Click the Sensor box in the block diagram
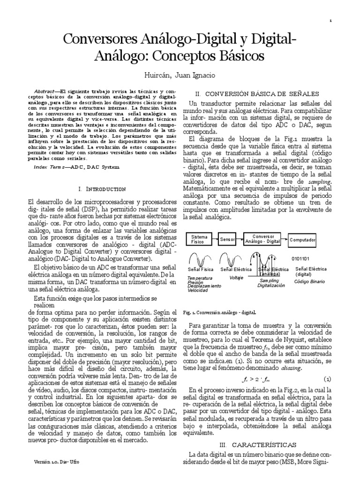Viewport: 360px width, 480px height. tap(227, 239)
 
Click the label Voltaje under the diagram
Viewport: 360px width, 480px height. tap(236, 277)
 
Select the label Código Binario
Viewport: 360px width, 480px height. tap(309, 281)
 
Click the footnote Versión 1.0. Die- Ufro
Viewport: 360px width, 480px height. tap(56, 462)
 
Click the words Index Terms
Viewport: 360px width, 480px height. tap(51, 167)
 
